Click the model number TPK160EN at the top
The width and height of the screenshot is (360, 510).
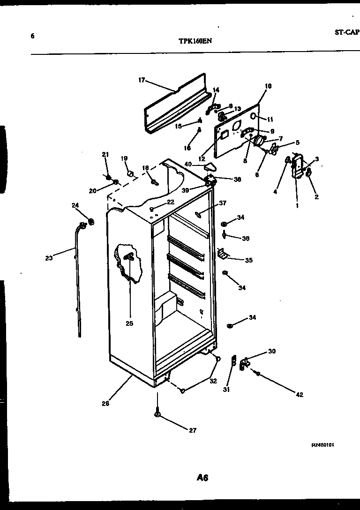pos(195,41)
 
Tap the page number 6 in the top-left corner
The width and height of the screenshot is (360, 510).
pos(32,36)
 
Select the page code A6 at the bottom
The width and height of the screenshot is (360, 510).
pos(202,478)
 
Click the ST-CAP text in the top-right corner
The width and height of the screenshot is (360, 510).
pos(347,32)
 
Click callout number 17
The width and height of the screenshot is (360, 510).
pos(142,80)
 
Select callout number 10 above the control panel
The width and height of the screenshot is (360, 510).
pos(268,86)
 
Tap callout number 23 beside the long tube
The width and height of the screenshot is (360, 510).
pos(49,257)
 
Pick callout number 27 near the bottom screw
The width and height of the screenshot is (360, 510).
pos(193,431)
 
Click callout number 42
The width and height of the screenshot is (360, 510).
pos(300,395)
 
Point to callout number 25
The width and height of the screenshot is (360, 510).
pos(129,323)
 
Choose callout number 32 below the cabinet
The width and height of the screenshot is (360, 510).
pos(213,381)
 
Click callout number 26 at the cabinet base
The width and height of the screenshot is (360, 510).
pos(105,403)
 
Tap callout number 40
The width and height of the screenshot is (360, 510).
pos(188,164)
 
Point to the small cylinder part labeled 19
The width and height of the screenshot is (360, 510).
pos(132,174)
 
